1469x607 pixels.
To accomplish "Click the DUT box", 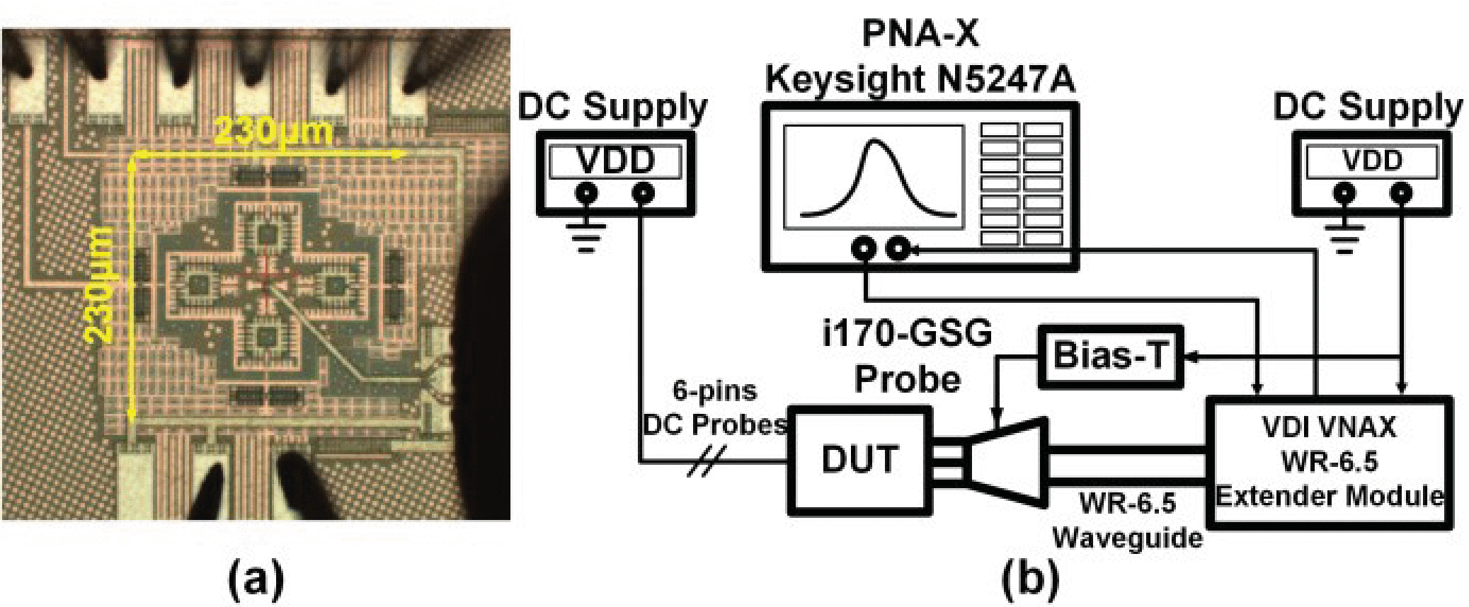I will point(859,460).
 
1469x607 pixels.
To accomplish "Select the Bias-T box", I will point(1109,356).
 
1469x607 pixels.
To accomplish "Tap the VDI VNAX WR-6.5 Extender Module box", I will point(1330,462).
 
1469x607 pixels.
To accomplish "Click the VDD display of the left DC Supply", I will point(615,161).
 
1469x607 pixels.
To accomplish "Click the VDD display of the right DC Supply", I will point(1372,161).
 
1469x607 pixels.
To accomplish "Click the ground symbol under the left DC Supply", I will point(585,238).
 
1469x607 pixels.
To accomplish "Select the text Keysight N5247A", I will point(920,79).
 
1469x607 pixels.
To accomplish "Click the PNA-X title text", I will point(920,33).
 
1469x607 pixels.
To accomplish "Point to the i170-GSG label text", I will point(908,333).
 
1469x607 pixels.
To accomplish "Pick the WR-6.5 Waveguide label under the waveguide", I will point(1127,520).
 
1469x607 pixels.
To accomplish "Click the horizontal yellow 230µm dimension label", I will point(273,132).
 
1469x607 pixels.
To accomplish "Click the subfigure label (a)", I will point(256,579).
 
